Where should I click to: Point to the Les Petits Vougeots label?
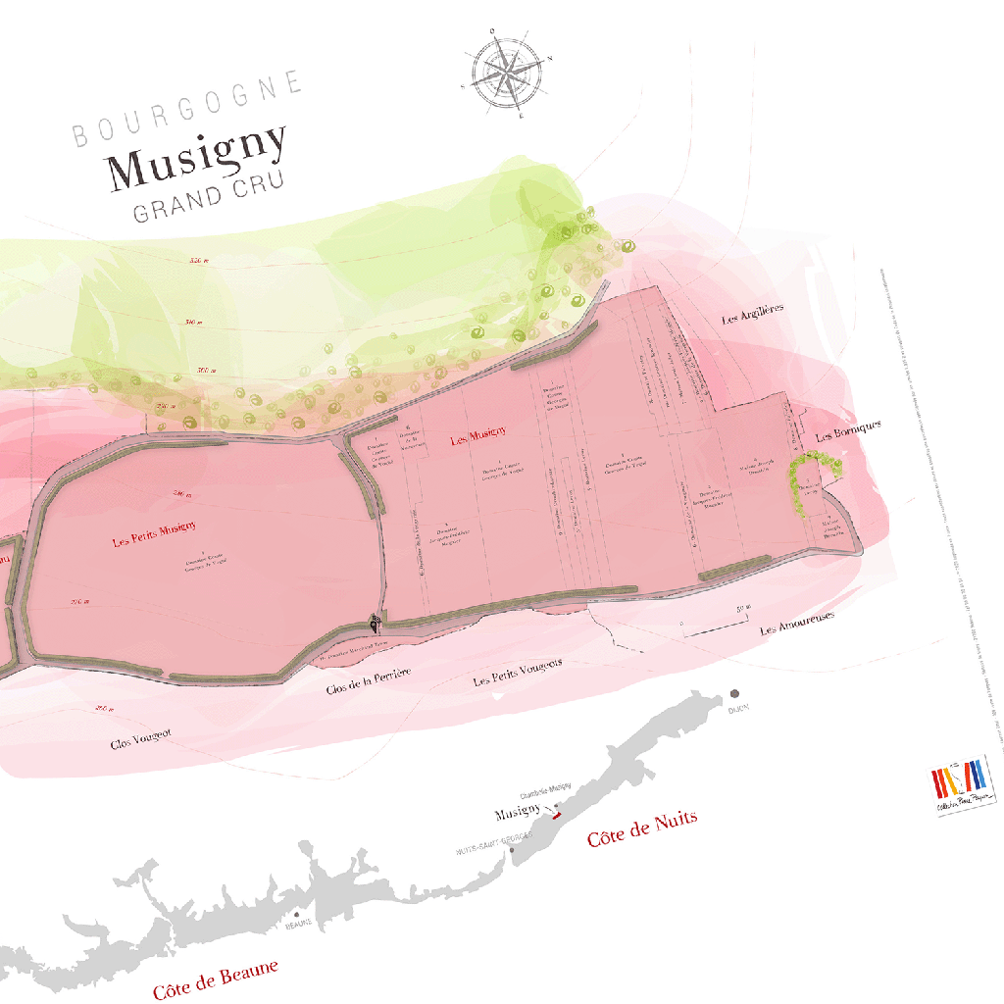click(518, 673)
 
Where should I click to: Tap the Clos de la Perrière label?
click(368, 681)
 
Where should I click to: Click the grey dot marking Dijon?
click(734, 693)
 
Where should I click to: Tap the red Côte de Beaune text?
click(216, 979)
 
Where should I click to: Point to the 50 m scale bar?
click(714, 622)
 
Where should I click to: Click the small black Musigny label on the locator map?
click(518, 813)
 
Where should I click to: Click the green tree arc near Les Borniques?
click(809, 476)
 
